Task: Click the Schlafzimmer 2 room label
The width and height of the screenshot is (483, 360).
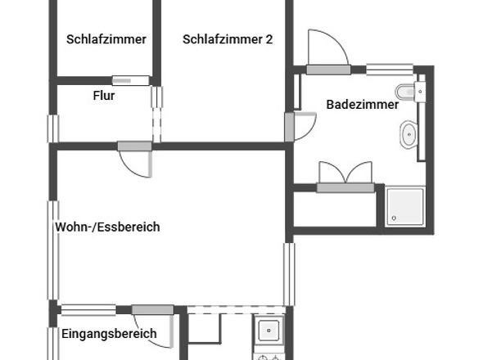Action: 228,39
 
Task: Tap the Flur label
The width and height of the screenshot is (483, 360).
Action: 104,96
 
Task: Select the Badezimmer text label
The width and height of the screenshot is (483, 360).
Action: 363,105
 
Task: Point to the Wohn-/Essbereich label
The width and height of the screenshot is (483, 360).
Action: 107,227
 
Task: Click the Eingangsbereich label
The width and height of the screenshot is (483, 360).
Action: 109,334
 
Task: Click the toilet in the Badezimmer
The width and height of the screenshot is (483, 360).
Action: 406,90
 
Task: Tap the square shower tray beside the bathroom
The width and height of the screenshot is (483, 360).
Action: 405,206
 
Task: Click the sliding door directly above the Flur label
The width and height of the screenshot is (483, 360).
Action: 131,80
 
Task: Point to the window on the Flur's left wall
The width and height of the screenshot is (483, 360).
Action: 53,128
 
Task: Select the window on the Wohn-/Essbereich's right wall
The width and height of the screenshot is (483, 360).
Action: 288,273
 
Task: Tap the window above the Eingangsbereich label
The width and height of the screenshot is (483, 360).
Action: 88,309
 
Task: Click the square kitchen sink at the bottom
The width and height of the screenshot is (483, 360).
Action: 269,330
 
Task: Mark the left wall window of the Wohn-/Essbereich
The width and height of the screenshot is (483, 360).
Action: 53,250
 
